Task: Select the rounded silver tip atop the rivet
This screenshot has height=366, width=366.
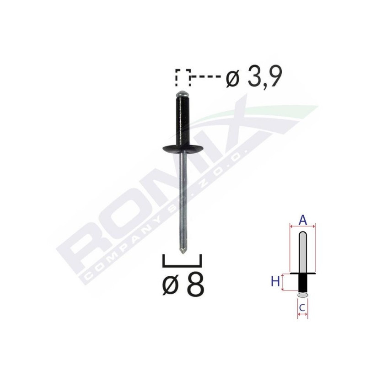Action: [183, 92]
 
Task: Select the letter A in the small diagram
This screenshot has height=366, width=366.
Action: [302, 221]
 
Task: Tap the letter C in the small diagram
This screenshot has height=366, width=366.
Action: [302, 308]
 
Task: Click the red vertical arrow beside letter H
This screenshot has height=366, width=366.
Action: [283, 282]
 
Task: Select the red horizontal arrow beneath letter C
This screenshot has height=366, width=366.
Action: [302, 315]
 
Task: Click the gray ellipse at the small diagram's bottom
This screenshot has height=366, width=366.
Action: [302, 296]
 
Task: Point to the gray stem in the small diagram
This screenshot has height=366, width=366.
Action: [302, 252]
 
